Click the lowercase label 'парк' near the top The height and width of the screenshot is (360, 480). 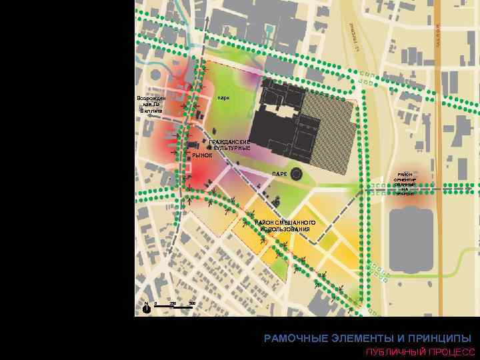coord(223,98)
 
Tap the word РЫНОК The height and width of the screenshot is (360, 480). coord(202,155)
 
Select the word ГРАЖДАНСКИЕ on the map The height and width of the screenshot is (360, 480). coord(229,142)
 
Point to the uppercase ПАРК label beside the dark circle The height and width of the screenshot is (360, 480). coord(280,174)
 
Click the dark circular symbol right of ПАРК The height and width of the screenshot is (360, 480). coord(296,174)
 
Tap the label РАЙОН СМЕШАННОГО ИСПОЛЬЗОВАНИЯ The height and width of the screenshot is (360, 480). coord(285,225)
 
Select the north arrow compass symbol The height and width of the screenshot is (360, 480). coord(146,307)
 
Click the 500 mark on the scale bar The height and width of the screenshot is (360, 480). coord(192,304)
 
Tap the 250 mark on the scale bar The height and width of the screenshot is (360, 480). coord(173,304)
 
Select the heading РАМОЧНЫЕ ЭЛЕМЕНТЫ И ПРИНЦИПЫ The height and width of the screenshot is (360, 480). coord(367,338)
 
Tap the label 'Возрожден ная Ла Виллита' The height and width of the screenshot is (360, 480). coord(151,104)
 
